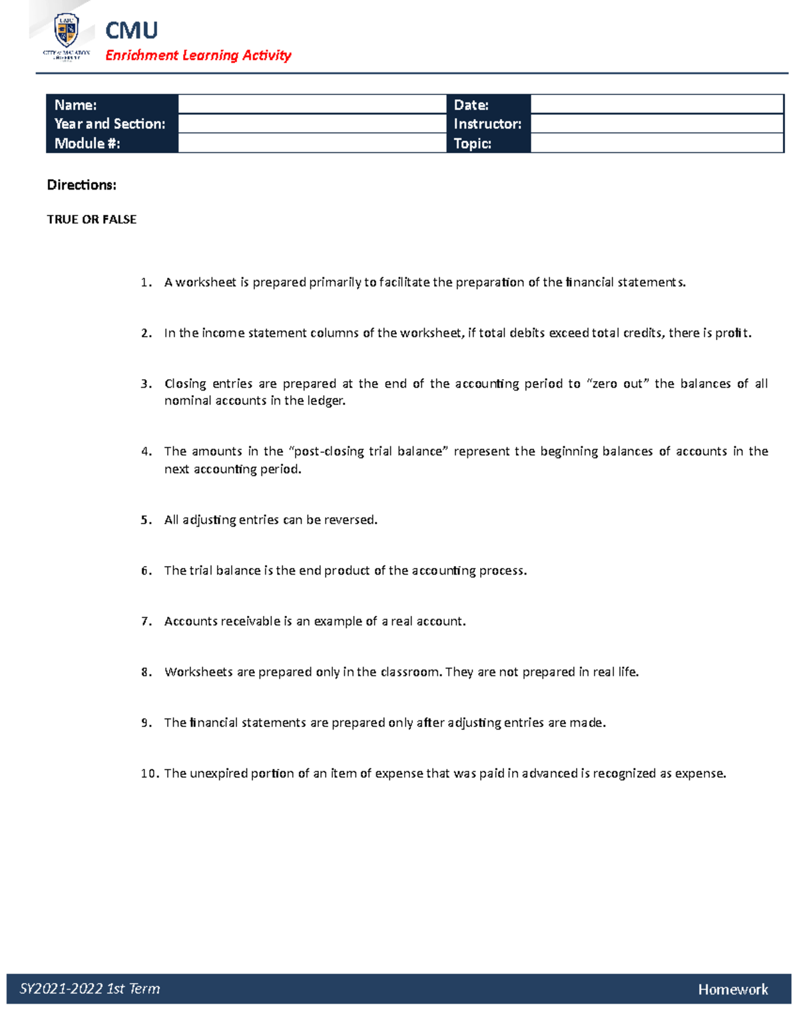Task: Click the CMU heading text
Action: pos(131,31)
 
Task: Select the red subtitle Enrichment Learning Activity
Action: pos(198,55)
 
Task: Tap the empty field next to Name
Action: pos(312,104)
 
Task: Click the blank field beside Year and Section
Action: pos(312,124)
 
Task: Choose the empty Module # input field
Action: pos(312,143)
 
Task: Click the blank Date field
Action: pos(656,104)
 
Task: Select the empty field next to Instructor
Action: pos(656,124)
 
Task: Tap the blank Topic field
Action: pos(656,143)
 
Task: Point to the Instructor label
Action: pos(487,124)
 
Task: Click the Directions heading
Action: pos(81,185)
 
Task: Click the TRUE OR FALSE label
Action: pos(91,220)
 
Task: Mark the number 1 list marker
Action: pos(146,283)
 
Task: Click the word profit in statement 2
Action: pos(732,333)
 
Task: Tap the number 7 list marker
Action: pos(146,621)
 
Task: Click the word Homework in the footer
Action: pos(732,990)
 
